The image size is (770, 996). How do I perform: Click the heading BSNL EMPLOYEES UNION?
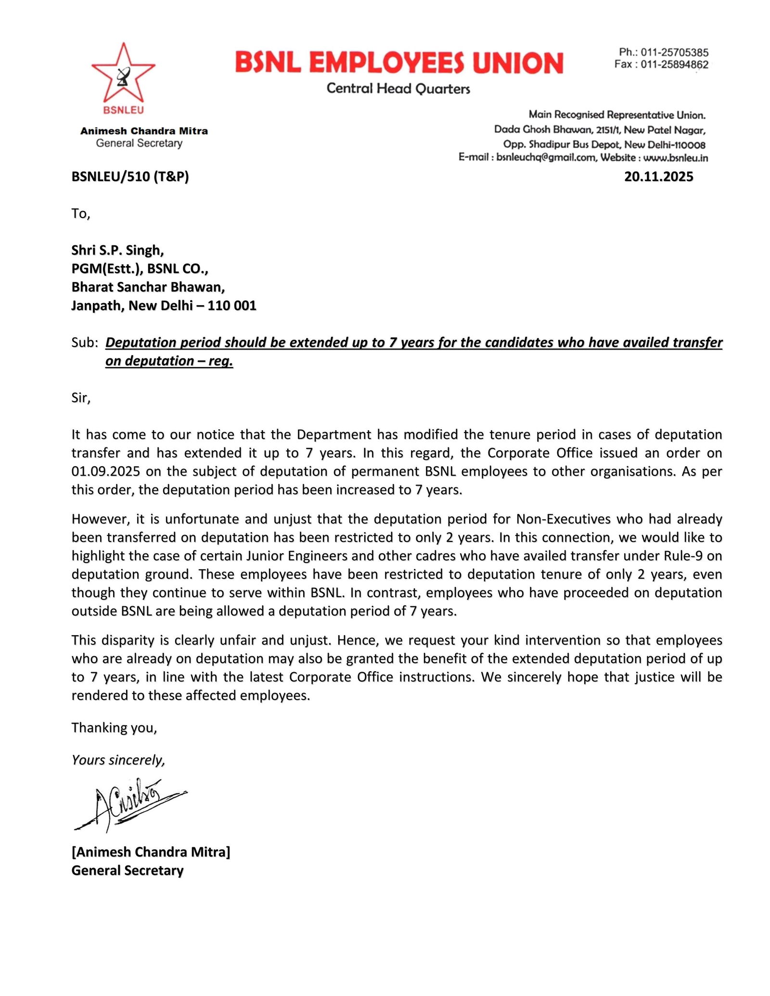399,63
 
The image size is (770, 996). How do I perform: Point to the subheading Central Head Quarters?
398,89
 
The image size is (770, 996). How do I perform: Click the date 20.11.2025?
658,177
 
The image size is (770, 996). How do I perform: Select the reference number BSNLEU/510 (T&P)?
130,177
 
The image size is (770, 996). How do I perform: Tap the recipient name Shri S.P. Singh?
117,250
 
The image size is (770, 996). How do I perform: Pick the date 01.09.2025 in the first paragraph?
106,471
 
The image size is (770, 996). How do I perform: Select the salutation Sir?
81,398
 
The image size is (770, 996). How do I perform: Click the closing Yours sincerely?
118,760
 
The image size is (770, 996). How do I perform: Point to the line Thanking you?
114,728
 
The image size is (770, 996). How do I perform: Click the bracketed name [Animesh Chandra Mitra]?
151,852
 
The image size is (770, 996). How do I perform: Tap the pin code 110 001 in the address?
232,306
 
